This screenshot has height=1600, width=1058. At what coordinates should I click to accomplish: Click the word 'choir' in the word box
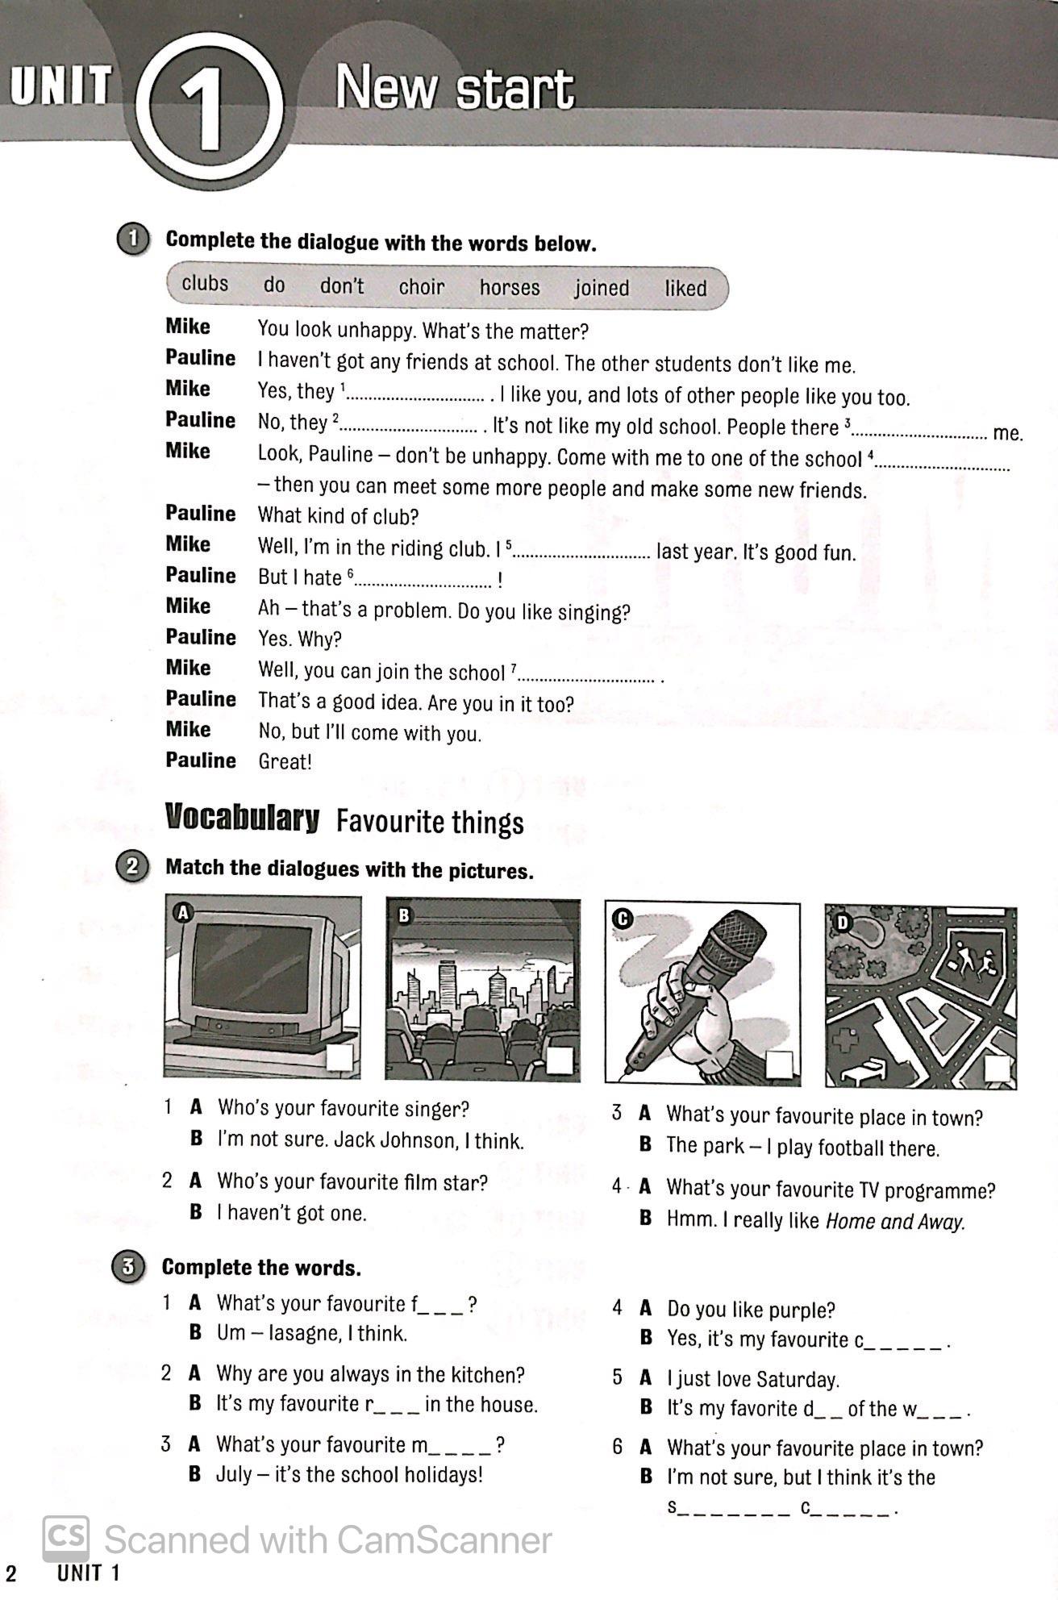[x=421, y=287]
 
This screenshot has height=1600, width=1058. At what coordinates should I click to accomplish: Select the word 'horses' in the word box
[x=510, y=287]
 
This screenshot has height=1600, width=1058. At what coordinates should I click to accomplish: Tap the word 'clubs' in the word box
[x=205, y=284]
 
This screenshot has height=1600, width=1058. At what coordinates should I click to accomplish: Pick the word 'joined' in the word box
[x=602, y=288]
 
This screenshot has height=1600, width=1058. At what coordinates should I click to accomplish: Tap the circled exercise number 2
[x=132, y=868]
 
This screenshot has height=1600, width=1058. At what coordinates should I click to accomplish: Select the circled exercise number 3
[x=128, y=1266]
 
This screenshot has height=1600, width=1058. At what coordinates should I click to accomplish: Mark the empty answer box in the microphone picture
[x=780, y=1065]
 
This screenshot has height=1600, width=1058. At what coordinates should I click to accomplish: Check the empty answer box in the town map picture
[x=998, y=1069]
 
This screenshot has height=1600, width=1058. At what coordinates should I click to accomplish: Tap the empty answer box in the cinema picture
[x=559, y=1060]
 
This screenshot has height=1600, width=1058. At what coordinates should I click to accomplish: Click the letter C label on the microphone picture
[x=622, y=919]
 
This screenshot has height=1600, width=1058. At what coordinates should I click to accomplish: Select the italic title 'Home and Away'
[x=895, y=1222]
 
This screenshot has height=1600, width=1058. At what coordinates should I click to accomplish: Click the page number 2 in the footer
[x=11, y=1573]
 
